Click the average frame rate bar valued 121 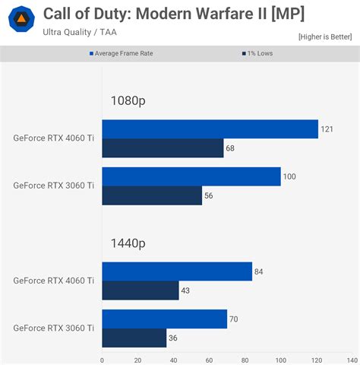(210, 129)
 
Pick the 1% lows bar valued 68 (163, 148)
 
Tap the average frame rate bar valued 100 (191, 176)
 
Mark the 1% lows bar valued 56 (152, 195)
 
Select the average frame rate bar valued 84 (176, 271)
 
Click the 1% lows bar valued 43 (140, 290)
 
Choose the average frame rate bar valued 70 (164, 319)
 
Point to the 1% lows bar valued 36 (134, 338)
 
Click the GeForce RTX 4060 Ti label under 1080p (53, 138)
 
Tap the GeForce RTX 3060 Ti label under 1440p (53, 328)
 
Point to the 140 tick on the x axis (352, 360)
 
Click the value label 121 (328, 129)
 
